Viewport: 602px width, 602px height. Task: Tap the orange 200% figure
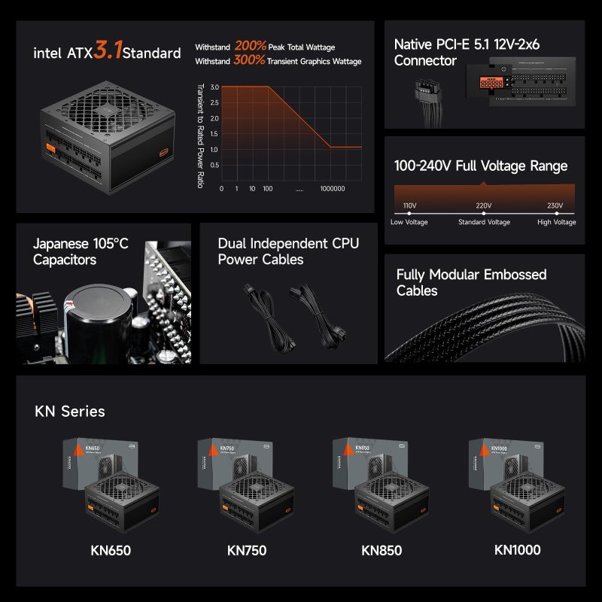(250, 46)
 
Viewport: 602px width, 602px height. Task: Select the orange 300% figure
(250, 61)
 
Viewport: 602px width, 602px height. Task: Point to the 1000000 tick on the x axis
(332, 188)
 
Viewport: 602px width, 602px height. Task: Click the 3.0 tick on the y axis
(214, 87)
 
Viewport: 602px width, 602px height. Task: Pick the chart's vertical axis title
(199, 135)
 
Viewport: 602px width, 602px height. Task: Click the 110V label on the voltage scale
(409, 205)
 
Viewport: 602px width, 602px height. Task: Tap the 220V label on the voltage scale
(483, 205)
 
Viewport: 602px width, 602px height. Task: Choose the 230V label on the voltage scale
(555, 205)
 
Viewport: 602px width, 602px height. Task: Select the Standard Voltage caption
(485, 222)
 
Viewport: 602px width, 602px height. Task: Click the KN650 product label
(111, 550)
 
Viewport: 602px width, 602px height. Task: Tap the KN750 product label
(246, 550)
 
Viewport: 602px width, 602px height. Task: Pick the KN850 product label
(381, 550)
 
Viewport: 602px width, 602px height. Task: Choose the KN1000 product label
(517, 549)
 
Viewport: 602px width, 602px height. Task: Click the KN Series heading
(70, 412)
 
